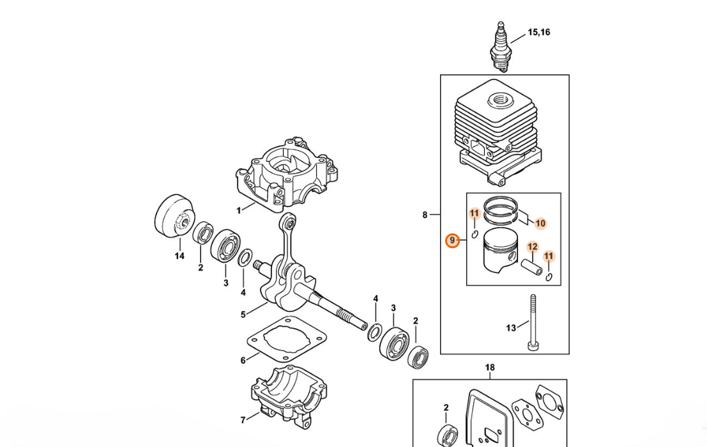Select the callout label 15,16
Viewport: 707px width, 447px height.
[x=539, y=32]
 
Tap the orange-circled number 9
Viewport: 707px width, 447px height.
[x=452, y=241]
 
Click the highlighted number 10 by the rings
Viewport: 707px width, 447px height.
[x=540, y=223]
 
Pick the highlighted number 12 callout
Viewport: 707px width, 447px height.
[x=533, y=247]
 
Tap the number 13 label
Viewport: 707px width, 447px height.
[x=510, y=328]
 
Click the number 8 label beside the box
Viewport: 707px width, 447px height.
[x=425, y=215]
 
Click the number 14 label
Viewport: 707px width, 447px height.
[x=179, y=256]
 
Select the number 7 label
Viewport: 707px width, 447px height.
[x=243, y=420]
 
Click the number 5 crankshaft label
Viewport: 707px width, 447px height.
[x=243, y=315]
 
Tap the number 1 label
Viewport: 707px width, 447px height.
[x=239, y=210]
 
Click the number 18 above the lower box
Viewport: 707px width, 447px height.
[x=490, y=368]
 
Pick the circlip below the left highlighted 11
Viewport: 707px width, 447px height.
[x=475, y=234]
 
